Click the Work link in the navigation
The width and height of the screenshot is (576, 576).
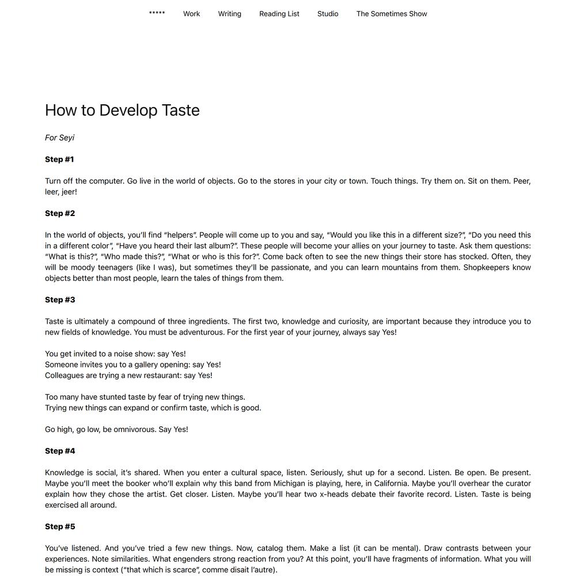point(191,14)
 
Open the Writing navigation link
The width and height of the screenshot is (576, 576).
point(229,14)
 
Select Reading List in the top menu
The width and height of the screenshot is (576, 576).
point(279,14)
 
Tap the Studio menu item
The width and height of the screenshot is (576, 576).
point(328,14)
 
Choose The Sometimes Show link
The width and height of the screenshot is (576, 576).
point(392,14)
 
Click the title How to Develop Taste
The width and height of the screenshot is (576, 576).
point(122,110)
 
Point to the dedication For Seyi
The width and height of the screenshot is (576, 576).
point(59,138)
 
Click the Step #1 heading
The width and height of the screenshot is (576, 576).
point(59,160)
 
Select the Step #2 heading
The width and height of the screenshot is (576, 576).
point(60,214)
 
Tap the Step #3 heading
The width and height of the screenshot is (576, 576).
point(60,300)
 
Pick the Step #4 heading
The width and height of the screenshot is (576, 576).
point(60,451)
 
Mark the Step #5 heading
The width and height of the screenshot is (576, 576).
point(60,527)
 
